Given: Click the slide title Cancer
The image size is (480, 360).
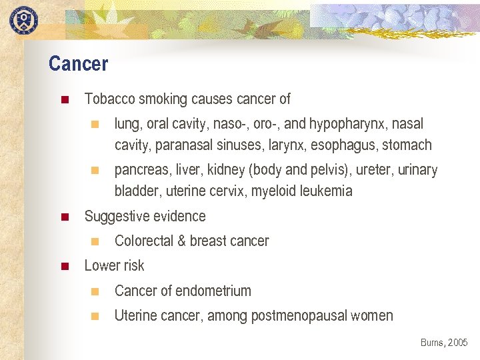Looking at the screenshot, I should coord(78,64).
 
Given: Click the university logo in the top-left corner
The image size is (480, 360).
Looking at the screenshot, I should coord(23,19).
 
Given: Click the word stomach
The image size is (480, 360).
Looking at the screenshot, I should coord(407,145).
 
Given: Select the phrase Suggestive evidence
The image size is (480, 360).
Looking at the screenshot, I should coord(145,216).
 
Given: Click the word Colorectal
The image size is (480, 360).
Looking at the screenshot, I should coord(143,241).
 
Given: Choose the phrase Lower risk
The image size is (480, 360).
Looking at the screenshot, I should coord(114,266).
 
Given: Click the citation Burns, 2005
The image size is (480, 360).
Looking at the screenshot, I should coord(444,343).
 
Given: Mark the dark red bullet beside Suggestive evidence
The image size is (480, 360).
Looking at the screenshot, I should coord(65,217).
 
